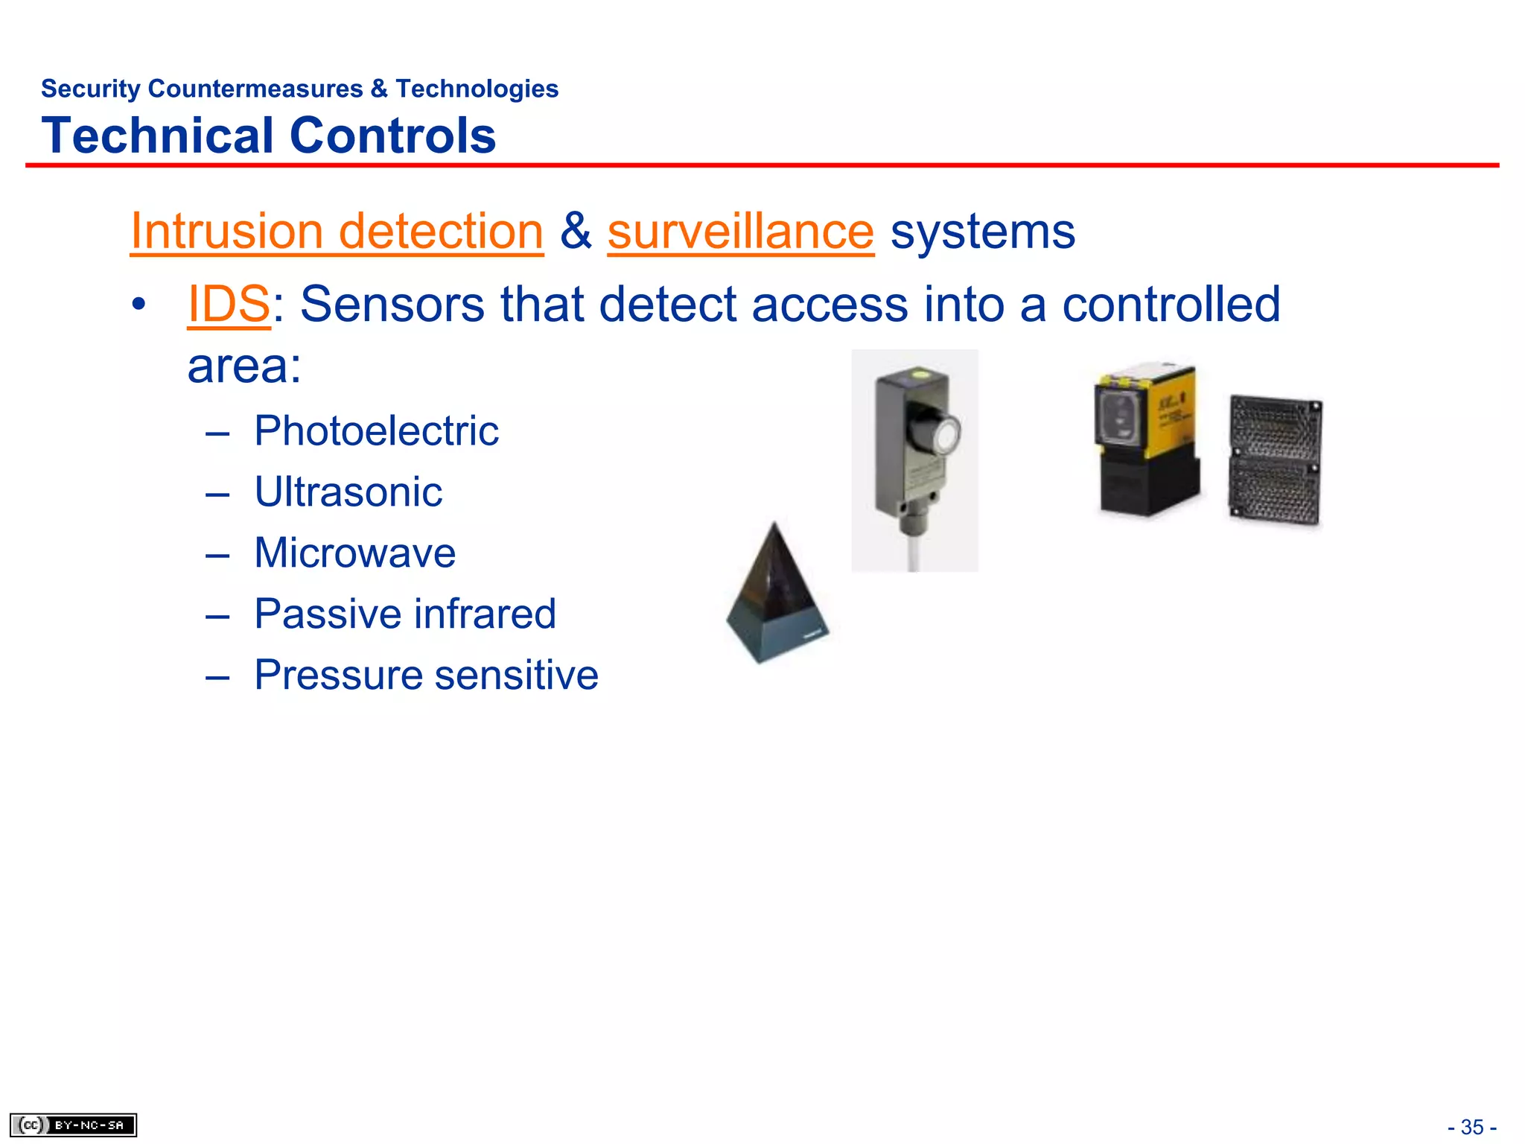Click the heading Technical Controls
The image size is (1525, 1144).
pos(268,136)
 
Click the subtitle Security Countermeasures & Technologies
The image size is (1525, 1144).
pos(299,89)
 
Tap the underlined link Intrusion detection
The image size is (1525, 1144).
pos(337,231)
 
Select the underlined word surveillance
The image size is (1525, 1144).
pos(740,231)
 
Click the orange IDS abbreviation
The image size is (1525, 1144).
pos(229,304)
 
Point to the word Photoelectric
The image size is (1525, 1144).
pos(376,430)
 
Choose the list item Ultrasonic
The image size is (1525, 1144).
pos(348,492)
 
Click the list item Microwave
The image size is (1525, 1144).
pos(354,553)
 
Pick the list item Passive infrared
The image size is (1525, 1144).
pos(405,614)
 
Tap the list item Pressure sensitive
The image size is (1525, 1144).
pos(426,675)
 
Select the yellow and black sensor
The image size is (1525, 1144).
pos(1147,439)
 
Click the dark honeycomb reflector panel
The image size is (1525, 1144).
pos(1275,460)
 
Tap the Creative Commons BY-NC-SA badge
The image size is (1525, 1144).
pos(73,1125)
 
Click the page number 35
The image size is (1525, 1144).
pos(1471,1127)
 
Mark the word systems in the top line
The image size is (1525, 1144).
pos(983,231)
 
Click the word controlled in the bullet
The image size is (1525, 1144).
pos(1171,304)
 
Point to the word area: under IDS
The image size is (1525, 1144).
pos(244,366)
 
